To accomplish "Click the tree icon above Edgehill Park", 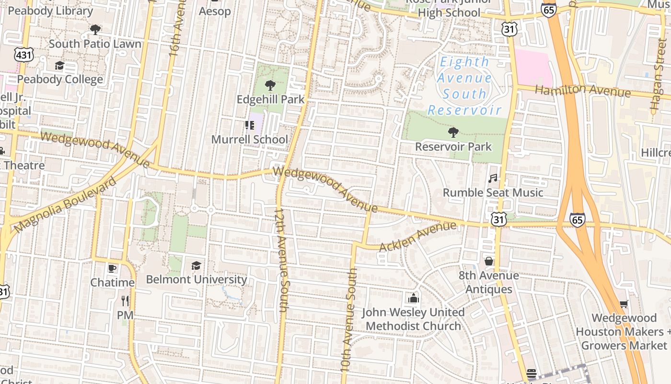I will pos(270,85).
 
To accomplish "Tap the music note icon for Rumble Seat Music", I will pos(493,179).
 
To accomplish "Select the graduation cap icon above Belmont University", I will pos(196,265).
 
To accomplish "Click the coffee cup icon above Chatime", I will pos(112,268).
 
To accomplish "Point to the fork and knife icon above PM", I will pos(125,301).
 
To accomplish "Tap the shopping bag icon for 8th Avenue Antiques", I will pos(489,261).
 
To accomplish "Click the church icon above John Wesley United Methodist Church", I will pos(413,298).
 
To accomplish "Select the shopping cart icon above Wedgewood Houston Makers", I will pos(624,304).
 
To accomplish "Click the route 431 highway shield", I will pos(23,55).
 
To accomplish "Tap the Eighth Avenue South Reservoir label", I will pos(464,86).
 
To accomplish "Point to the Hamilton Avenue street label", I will pos(582,90).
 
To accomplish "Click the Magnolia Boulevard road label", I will pos(65,205).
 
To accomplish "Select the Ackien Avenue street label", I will pos(417,236).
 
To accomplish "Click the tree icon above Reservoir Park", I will pos(453,132).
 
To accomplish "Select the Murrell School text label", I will pos(250,140).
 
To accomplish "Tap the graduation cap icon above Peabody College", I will pos(59,65).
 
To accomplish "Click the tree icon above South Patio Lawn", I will pos(95,30).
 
